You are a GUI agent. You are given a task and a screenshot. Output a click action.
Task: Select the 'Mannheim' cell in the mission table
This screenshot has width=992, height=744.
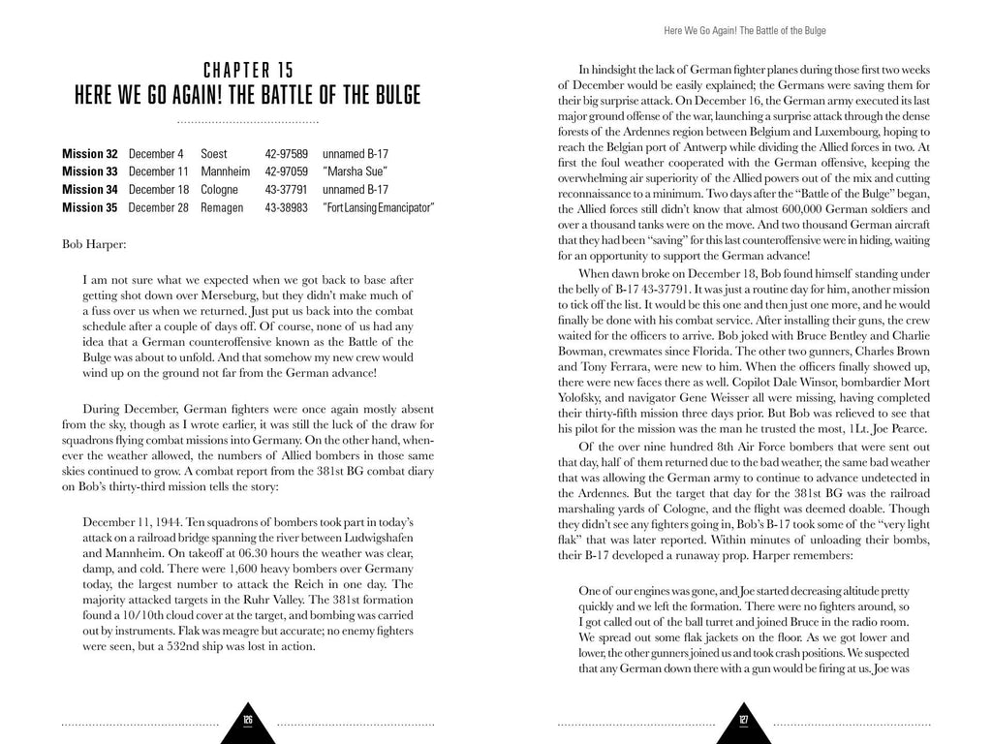click(x=225, y=171)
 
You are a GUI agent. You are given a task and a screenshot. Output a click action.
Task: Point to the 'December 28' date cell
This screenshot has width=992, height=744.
click(x=158, y=207)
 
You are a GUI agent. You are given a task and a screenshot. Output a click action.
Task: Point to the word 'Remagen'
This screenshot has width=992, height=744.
click(x=224, y=207)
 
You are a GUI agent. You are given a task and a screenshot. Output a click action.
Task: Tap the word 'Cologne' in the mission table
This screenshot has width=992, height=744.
click(x=221, y=190)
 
